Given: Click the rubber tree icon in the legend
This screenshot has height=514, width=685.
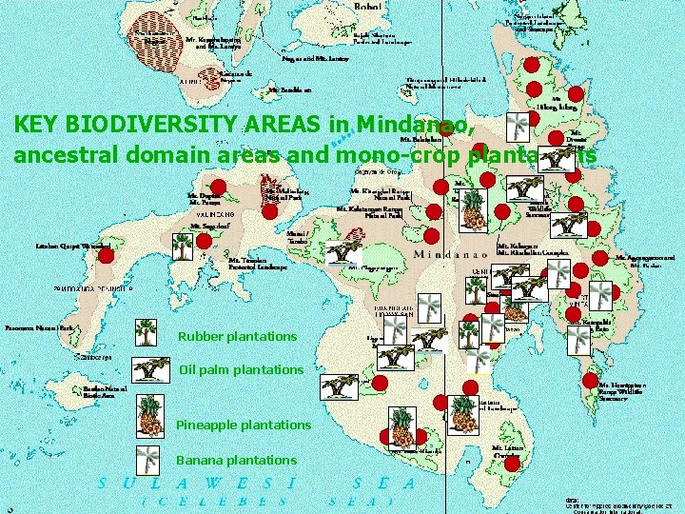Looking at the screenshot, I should click(x=146, y=332).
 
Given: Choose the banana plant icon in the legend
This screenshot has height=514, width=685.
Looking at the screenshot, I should click(x=148, y=458).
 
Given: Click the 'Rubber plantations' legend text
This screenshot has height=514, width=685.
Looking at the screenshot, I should click(x=237, y=337).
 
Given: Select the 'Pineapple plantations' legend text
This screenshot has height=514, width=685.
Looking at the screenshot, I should click(x=244, y=425).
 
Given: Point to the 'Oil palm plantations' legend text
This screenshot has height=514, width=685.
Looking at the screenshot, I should click(x=241, y=369).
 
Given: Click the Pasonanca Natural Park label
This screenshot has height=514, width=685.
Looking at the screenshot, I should click(x=39, y=326).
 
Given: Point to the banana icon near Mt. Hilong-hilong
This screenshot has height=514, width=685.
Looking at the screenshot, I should click(x=519, y=127).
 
